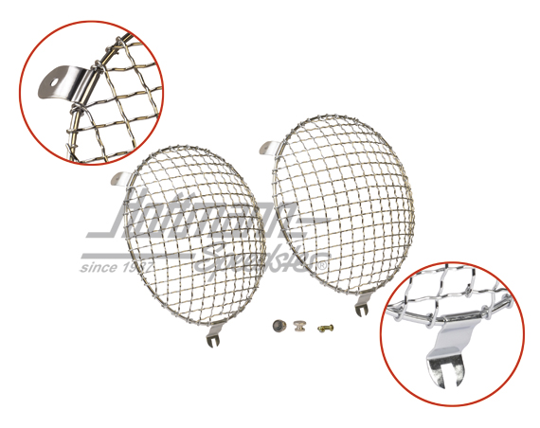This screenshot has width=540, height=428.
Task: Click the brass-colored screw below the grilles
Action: tap(327, 328)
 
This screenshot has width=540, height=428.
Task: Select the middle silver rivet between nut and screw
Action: tap(299, 329)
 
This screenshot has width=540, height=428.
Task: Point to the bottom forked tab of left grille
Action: tap(211, 335)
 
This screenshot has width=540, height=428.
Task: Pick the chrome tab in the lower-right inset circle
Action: tap(445, 355)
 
